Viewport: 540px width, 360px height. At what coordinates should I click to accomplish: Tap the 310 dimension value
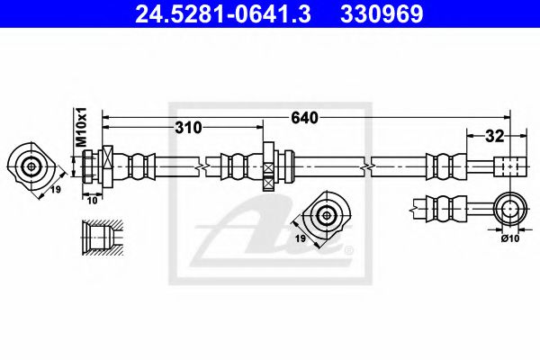(187, 128)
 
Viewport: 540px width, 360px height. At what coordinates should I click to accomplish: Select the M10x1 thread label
(79, 126)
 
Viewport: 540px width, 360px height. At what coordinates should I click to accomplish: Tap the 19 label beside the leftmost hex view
(53, 190)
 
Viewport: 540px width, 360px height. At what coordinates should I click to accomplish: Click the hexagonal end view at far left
(31, 166)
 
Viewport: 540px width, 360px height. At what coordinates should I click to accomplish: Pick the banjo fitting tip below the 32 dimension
(507, 166)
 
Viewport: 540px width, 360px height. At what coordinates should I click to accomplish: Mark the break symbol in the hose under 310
(207, 166)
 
